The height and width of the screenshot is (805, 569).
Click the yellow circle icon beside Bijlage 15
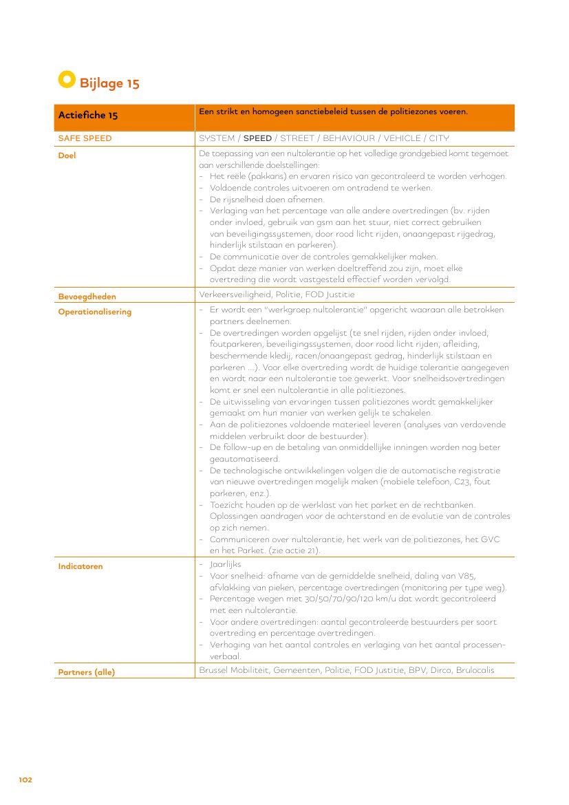click(66, 79)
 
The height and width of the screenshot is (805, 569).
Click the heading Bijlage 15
click(109, 83)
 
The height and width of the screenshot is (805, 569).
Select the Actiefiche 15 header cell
click(88, 115)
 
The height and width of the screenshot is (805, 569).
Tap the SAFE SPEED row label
click(85, 138)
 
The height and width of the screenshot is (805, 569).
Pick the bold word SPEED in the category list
click(258, 138)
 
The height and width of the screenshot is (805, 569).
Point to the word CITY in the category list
click(439, 138)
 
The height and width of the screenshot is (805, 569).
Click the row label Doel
click(67, 155)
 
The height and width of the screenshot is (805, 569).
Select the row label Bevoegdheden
click(87, 297)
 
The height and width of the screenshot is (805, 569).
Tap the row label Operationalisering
click(94, 312)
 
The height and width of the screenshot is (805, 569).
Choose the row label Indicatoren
click(80, 566)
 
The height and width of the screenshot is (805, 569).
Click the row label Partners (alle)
click(86, 672)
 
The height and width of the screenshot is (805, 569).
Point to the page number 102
click(25, 780)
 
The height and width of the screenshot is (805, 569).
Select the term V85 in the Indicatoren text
click(466, 576)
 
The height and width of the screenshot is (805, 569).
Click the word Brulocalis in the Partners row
click(475, 670)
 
